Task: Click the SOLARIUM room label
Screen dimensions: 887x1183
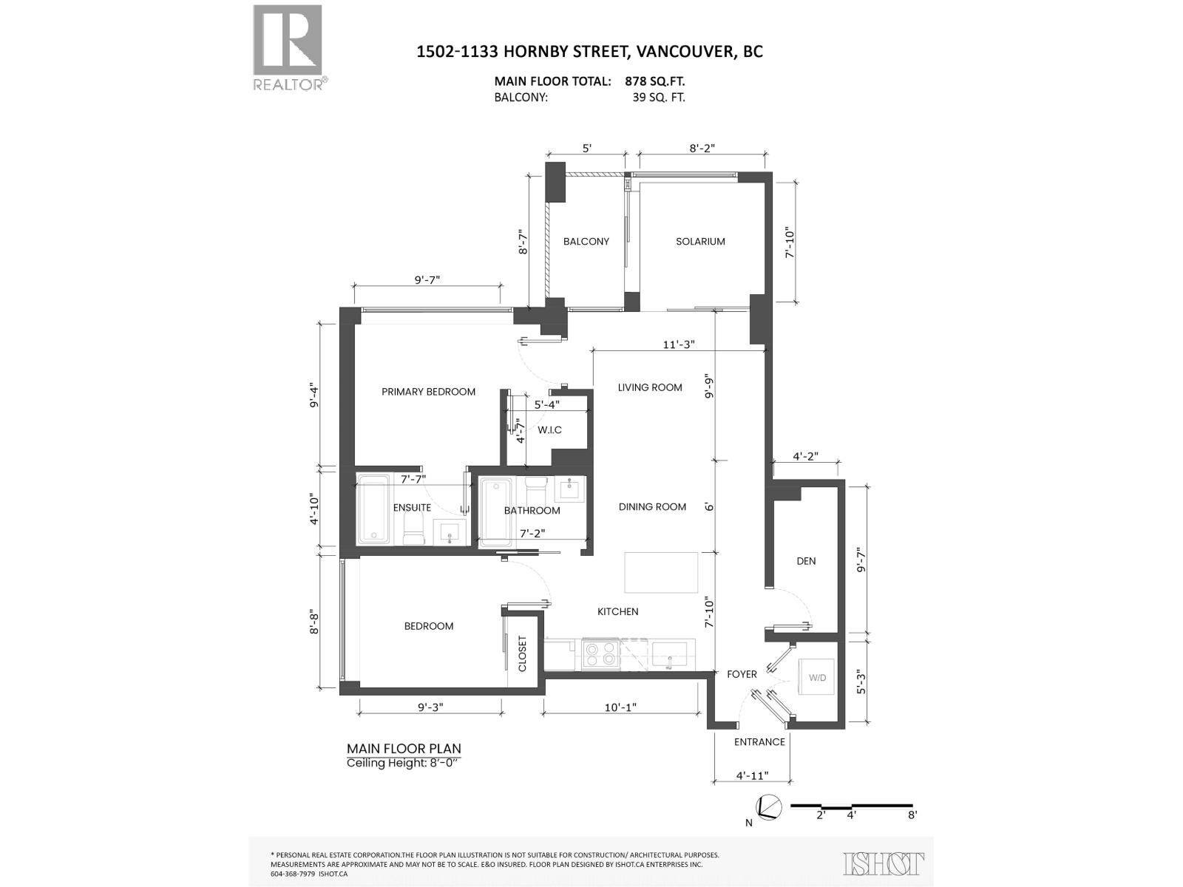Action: pos(699,242)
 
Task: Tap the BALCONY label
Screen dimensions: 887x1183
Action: pos(586,242)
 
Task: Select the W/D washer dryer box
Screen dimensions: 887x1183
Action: pos(816,678)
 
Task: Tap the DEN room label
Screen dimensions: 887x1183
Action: pos(806,561)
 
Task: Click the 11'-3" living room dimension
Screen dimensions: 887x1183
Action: pos(678,344)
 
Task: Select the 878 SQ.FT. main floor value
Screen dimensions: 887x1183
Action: pos(660,81)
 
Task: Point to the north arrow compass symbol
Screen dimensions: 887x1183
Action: pos(767,807)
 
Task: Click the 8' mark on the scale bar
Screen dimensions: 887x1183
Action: pos(912,815)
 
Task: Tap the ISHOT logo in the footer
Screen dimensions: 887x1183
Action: pos(884,863)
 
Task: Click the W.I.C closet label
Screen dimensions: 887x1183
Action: pos(549,430)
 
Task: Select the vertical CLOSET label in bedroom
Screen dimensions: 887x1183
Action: pos(522,653)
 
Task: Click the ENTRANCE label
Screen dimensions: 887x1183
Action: pos(759,742)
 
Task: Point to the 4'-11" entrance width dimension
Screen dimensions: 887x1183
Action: pos(752,775)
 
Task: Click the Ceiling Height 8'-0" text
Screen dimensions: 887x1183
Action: pos(403,764)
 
